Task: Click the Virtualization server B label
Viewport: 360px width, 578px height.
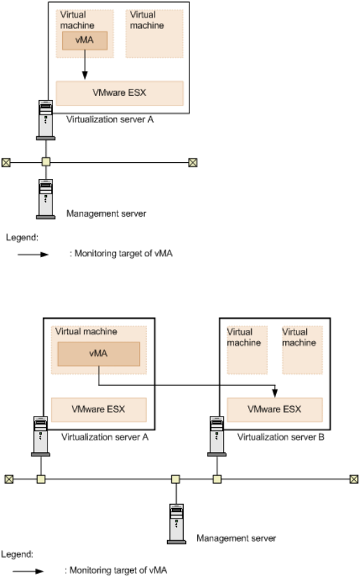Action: click(x=281, y=437)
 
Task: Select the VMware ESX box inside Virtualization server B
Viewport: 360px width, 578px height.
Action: click(x=275, y=410)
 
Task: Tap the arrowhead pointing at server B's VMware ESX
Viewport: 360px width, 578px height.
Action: click(x=275, y=393)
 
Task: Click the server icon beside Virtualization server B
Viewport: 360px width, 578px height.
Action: click(x=217, y=436)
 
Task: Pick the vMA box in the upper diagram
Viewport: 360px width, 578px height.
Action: click(x=85, y=41)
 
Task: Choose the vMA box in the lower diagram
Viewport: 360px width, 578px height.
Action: click(x=99, y=354)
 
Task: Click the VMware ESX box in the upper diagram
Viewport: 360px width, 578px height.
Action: click(x=120, y=93)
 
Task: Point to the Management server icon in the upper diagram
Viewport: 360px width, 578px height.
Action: click(x=45, y=199)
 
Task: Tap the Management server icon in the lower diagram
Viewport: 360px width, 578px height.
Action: click(x=176, y=523)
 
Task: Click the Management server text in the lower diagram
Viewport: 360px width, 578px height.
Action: click(x=236, y=538)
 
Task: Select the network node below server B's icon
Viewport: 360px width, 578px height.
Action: click(x=217, y=479)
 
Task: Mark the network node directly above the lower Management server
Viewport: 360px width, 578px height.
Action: click(x=176, y=479)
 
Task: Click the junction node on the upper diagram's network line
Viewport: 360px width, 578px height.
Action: click(x=45, y=162)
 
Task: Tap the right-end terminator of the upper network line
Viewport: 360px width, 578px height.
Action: click(x=193, y=162)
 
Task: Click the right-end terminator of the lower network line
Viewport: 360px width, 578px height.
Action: click(x=354, y=479)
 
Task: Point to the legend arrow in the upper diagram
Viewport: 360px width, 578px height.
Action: click(x=33, y=254)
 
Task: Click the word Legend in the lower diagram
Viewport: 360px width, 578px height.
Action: click(x=17, y=554)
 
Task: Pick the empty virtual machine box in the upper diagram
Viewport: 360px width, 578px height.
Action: click(x=154, y=34)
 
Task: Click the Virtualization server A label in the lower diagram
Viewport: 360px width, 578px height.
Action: click(x=105, y=437)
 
